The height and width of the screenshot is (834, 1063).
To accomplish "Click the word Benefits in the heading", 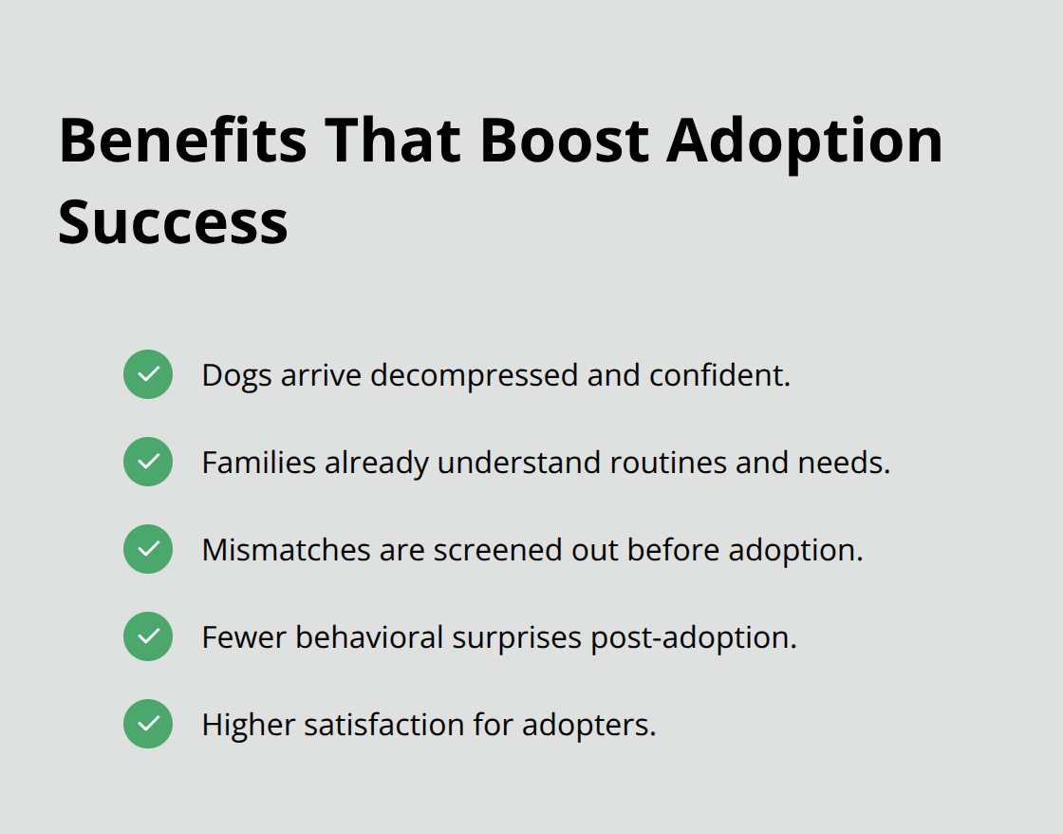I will pyautogui.click(x=182, y=141).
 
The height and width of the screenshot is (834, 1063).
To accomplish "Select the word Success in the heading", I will pyautogui.click(x=173, y=222).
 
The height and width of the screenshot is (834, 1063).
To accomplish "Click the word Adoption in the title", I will pyautogui.click(x=805, y=141).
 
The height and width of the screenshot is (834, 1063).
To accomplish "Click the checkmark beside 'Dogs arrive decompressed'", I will pyautogui.click(x=148, y=374).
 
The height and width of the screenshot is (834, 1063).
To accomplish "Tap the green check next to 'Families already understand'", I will pyautogui.click(x=148, y=462).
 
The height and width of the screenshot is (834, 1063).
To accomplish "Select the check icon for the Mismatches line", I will pyautogui.click(x=148, y=549).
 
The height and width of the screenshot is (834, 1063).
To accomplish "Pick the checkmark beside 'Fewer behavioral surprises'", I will pyautogui.click(x=148, y=636).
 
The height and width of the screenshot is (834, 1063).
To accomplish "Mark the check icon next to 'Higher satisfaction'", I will pyautogui.click(x=148, y=724).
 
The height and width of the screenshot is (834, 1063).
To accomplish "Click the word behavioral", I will pyautogui.click(x=369, y=637).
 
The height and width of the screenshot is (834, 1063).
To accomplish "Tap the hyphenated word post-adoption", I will pyautogui.click(x=693, y=638).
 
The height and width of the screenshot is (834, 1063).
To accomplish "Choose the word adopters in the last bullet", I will pyautogui.click(x=590, y=726).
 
